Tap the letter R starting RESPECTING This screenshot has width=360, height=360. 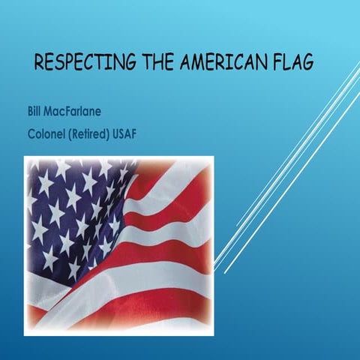pyautogui.click(x=40, y=61)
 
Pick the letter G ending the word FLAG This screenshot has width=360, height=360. pyautogui.click(x=307, y=61)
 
